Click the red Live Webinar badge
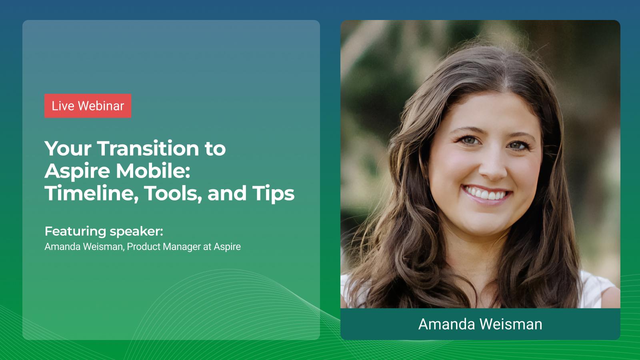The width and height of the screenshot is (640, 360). (x=88, y=106)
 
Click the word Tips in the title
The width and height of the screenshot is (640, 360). (x=273, y=193)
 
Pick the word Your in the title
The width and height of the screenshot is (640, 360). (x=68, y=148)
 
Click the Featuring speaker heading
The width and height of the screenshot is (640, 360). (x=104, y=231)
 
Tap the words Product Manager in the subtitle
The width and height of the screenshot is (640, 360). (x=164, y=247)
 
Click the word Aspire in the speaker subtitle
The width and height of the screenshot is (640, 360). (x=227, y=247)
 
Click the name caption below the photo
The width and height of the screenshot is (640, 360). (x=480, y=324)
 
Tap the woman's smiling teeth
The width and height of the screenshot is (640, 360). (x=487, y=194)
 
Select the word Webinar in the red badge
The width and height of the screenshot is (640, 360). (x=101, y=106)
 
